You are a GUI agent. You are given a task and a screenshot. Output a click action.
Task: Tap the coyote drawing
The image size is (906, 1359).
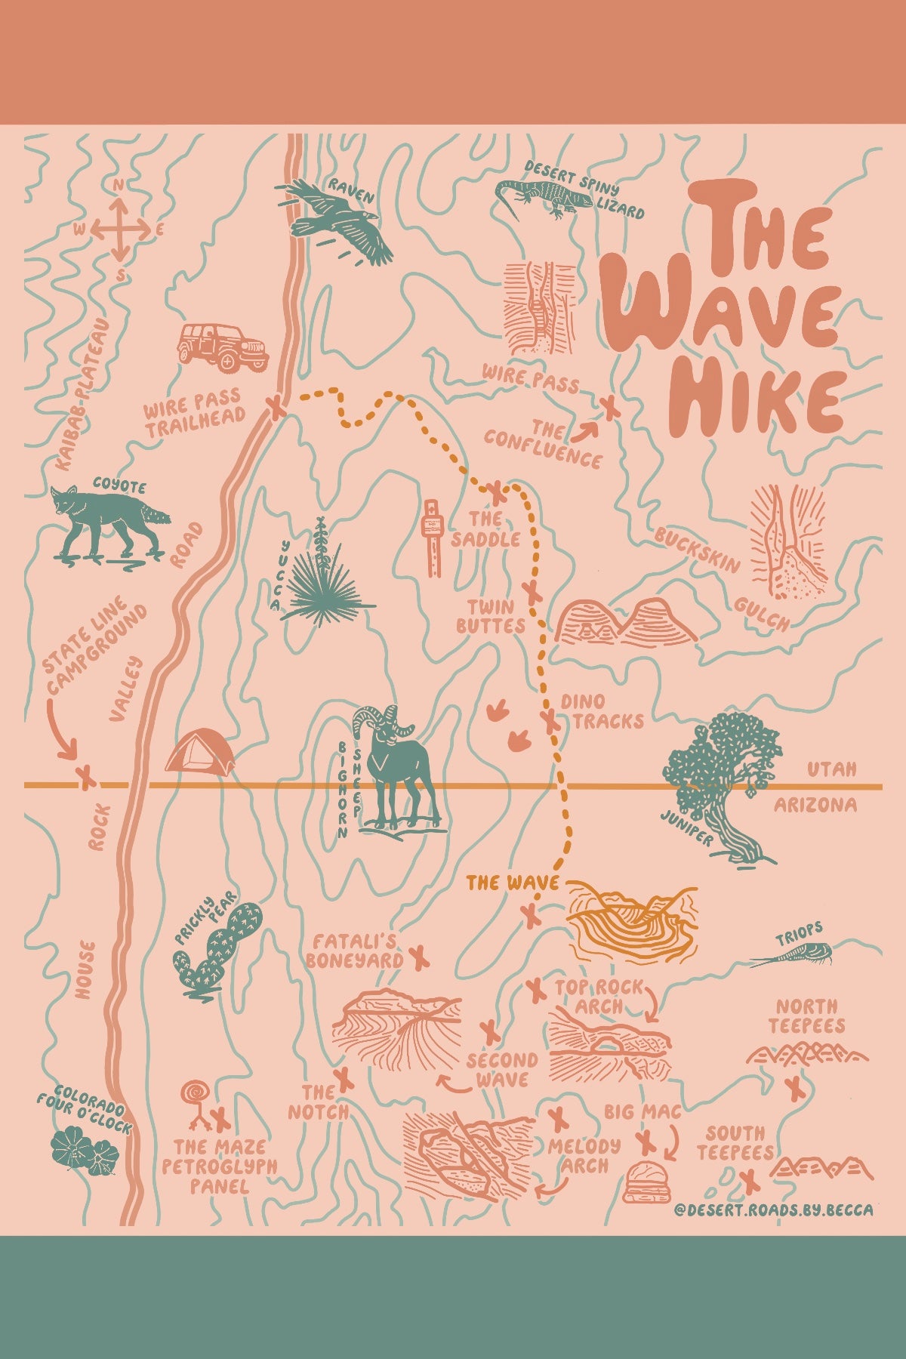click(x=106, y=521)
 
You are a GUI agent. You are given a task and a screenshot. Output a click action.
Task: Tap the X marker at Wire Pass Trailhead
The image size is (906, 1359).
click(x=277, y=408)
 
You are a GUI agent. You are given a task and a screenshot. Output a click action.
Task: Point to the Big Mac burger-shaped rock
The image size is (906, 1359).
click(x=647, y=1182)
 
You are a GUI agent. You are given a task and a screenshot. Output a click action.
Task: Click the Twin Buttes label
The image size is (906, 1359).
click(x=491, y=616)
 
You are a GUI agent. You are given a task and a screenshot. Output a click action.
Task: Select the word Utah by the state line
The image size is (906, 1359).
click(x=831, y=769)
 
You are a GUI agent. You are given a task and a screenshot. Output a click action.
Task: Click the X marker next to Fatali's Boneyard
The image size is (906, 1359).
click(x=420, y=959)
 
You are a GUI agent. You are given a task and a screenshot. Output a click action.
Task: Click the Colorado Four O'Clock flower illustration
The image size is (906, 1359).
click(x=82, y=1151)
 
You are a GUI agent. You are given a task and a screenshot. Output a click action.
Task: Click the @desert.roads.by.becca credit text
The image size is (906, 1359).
click(x=773, y=1210)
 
